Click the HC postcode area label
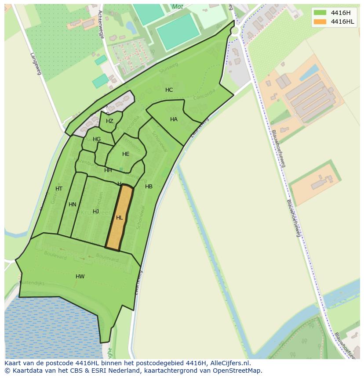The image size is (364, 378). [169, 90]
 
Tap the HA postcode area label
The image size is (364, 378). [174, 119]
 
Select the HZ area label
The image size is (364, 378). [109, 121]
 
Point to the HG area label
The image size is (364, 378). [97, 139]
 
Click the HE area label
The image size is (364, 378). [126, 154]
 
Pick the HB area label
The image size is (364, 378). [149, 187]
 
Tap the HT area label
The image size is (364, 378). [59, 189]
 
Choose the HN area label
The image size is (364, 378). [73, 205]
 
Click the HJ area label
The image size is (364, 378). [96, 212]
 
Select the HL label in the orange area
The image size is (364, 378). [120, 218]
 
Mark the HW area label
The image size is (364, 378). [80, 277]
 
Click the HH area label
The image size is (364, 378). [108, 170]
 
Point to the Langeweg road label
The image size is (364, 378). [36, 64]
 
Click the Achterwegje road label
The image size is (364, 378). [101, 25]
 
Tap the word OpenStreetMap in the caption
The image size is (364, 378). [239, 371]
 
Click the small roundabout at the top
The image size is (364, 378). [236, 30]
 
